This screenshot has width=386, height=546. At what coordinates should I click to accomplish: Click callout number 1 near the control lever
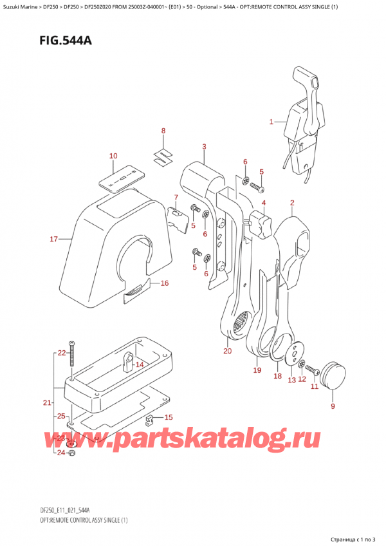click(271, 121)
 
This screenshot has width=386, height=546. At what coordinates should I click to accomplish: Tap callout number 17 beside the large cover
click(54, 240)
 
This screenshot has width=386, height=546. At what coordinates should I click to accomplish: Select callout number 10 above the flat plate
click(113, 156)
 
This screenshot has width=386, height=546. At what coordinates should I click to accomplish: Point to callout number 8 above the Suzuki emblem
click(163, 131)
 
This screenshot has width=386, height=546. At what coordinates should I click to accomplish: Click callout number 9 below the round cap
click(333, 406)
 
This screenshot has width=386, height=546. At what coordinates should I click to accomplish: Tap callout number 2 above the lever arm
click(292, 203)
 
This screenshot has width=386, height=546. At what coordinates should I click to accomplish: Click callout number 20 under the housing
click(227, 351)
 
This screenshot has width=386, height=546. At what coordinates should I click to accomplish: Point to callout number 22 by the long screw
click(61, 353)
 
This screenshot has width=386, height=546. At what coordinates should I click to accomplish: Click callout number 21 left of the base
click(46, 403)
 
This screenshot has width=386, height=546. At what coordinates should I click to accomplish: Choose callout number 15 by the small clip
click(169, 417)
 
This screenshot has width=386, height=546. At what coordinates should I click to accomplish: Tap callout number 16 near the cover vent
click(164, 283)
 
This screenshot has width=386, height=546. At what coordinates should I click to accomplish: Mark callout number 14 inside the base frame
click(140, 365)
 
